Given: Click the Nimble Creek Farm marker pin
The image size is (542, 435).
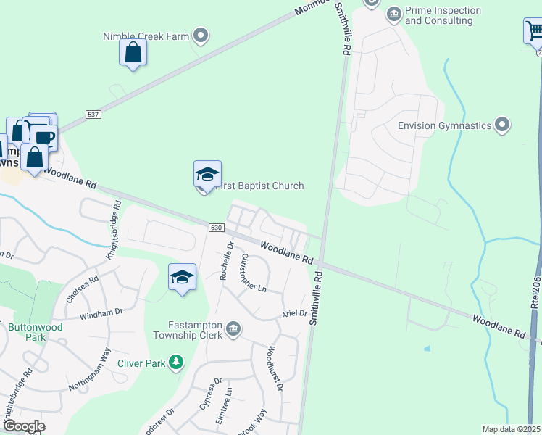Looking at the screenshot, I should [x=202, y=36].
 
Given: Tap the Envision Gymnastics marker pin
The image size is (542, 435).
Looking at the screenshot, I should [x=502, y=125].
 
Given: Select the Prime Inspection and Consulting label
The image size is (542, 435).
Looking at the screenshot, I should [x=443, y=15].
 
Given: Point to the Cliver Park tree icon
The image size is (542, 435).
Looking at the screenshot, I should [x=175, y=361].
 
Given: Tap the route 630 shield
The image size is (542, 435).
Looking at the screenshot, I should [x=216, y=228].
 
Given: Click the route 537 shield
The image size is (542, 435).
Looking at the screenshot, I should [x=92, y=115].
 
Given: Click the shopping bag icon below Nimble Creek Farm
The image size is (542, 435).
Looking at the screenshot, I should [x=133, y=52].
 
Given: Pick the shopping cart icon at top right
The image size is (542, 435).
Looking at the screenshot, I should [x=534, y=31].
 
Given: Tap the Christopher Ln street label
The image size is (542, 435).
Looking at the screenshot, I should [x=254, y=273].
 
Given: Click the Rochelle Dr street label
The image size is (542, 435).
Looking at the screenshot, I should [x=226, y=261].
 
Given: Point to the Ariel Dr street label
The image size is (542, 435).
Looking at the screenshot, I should [x=295, y=314].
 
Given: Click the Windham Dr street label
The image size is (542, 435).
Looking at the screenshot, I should [x=101, y=313].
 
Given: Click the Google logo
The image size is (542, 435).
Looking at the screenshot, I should [x=23, y=426].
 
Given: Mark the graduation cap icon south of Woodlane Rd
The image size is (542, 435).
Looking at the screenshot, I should [x=183, y=277].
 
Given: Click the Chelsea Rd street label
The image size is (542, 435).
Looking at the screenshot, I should [x=81, y=290].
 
